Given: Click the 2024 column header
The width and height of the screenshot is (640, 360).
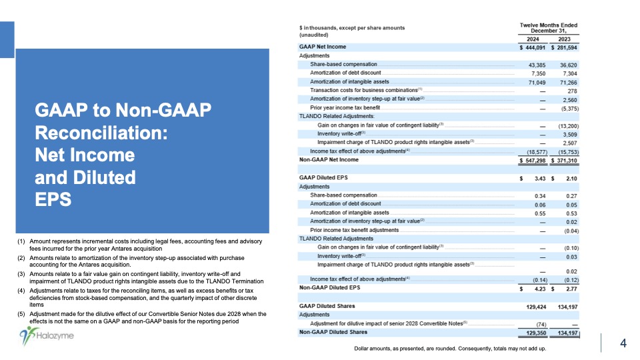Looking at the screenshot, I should [x=533, y=39].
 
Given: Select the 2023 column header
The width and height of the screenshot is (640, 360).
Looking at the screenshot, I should [x=563, y=39].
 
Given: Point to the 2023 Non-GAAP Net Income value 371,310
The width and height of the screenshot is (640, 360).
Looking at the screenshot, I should [x=563, y=161].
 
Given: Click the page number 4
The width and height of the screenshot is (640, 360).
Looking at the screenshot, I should [x=623, y=343].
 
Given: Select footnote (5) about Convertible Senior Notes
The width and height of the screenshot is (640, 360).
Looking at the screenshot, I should [x=143, y=317].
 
